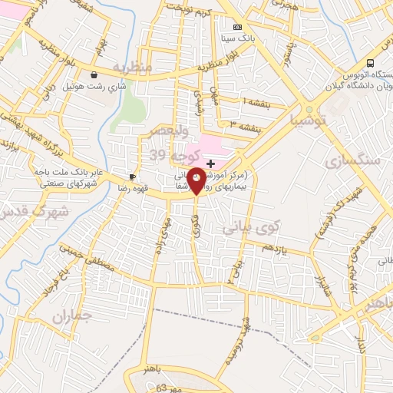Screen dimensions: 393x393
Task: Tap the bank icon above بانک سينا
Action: pyautogui.click(x=237, y=28)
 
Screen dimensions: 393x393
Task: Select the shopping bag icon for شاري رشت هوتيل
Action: pyautogui.click(x=94, y=75)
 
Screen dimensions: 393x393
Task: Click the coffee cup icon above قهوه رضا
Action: pyautogui.click(x=133, y=177)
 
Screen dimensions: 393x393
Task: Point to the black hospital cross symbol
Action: pyautogui.click(x=210, y=164)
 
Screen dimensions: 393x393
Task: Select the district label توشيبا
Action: pyautogui.click(x=305, y=120)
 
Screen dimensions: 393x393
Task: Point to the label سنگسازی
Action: pyautogui.click(x=352, y=161)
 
